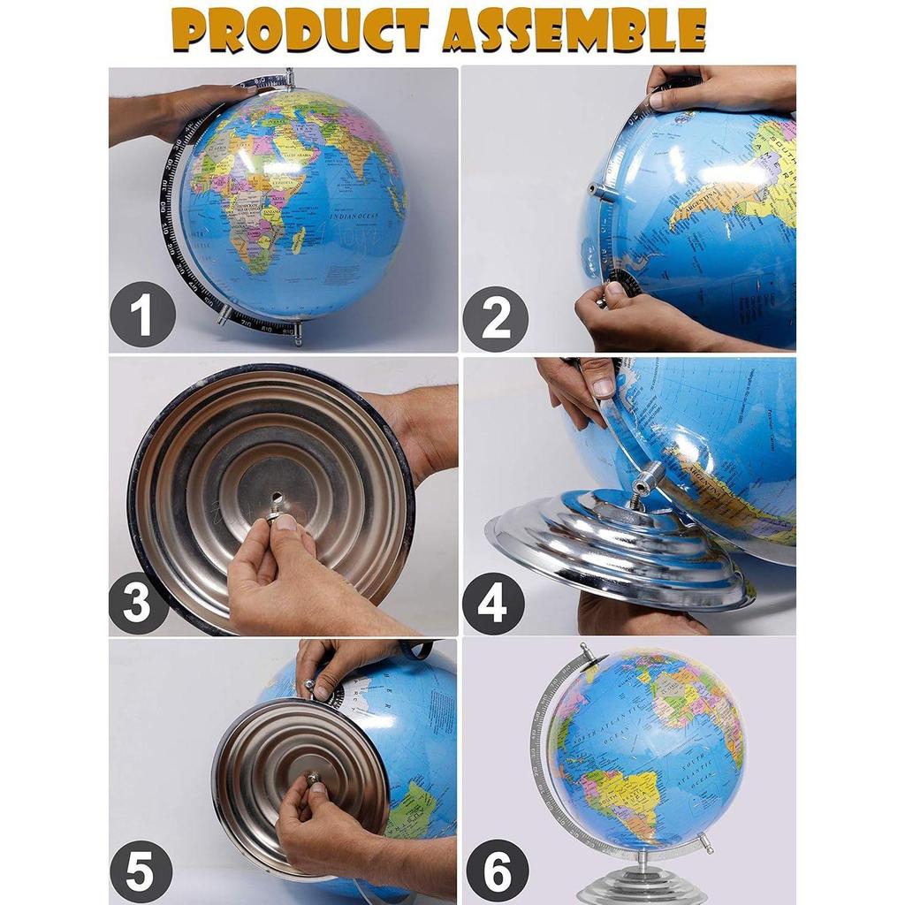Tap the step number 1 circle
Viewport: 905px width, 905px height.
tap(142, 315)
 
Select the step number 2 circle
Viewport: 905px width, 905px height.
tap(496, 319)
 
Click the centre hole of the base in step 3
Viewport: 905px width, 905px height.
tap(277, 498)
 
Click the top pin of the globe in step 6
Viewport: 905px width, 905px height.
tap(586, 651)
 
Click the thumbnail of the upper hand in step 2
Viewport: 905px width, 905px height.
tap(656, 99)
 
